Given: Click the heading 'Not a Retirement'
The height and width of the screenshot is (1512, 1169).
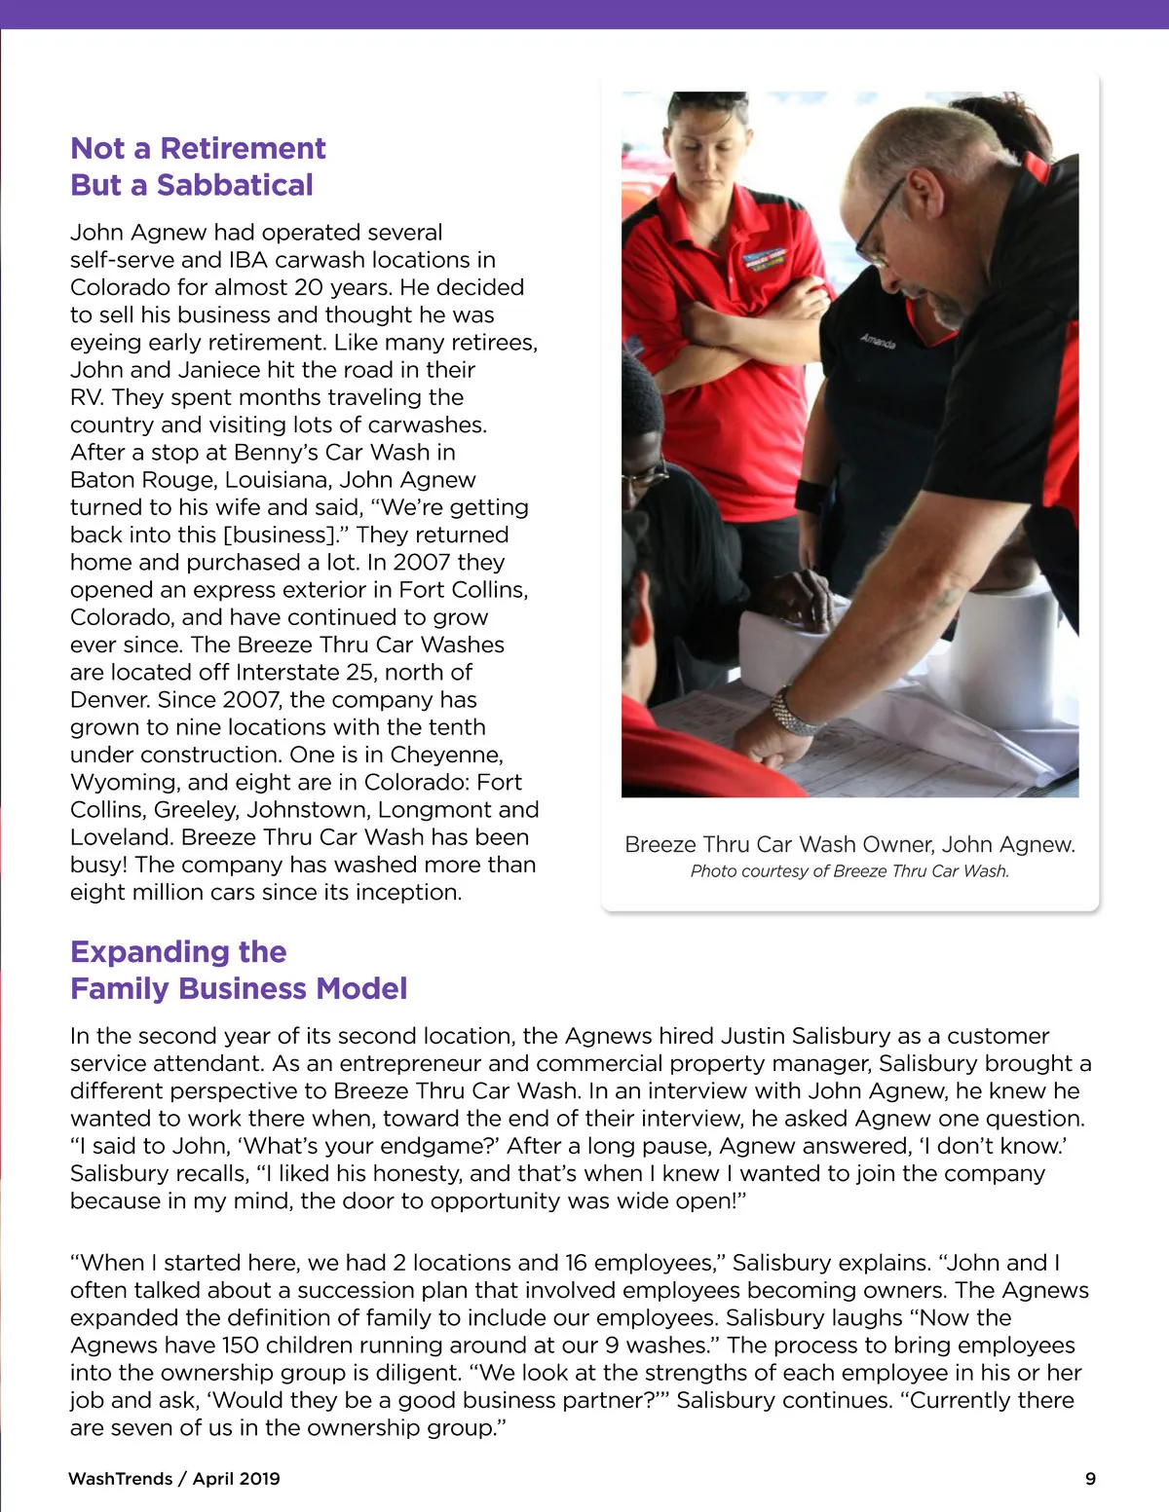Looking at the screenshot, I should pos(198,148).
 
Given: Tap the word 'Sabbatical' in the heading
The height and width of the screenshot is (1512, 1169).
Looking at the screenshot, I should pos(235,185).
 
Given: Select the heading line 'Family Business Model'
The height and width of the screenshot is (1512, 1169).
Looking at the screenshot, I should pos(239,988).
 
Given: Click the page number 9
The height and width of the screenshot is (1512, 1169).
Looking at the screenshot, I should pos(1090,1478).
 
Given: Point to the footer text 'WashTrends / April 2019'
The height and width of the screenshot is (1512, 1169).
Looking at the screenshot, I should pos(174,1478).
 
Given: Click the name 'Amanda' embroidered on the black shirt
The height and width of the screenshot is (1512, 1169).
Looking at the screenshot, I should pos(877,341).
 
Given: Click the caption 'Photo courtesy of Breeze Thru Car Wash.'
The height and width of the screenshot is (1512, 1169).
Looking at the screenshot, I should pos(849,870).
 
